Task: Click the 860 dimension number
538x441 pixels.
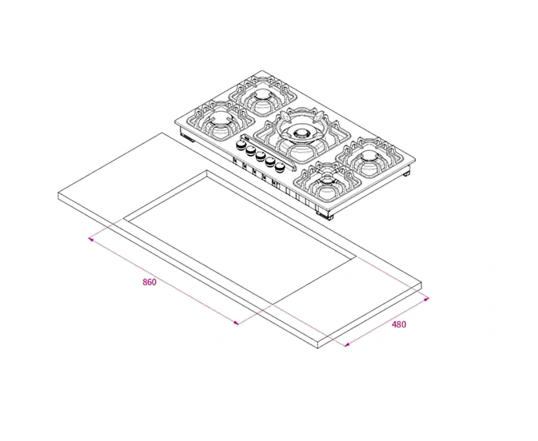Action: click(149, 283)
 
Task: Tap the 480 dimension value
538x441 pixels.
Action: click(399, 324)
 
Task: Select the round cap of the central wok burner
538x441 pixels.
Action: click(301, 133)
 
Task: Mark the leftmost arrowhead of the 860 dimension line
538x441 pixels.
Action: click(91, 238)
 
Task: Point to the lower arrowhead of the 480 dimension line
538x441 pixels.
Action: click(346, 345)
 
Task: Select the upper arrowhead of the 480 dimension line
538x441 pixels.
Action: click(427, 299)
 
